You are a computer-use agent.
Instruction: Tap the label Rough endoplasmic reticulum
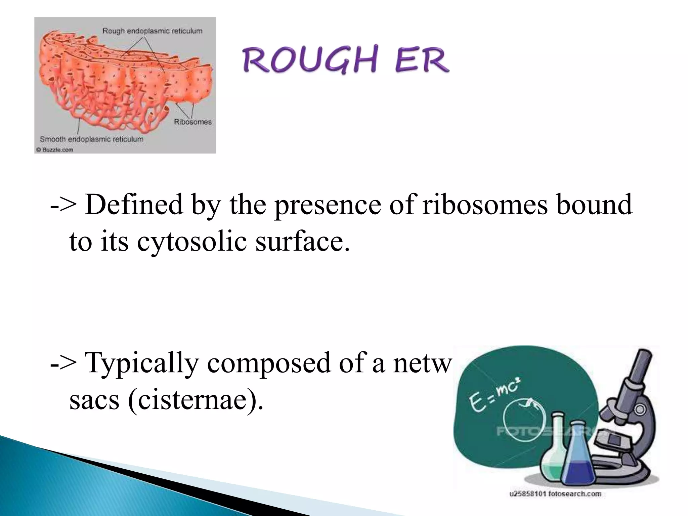152,31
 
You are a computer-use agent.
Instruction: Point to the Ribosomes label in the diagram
192,122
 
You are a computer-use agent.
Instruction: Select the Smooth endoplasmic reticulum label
91,139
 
